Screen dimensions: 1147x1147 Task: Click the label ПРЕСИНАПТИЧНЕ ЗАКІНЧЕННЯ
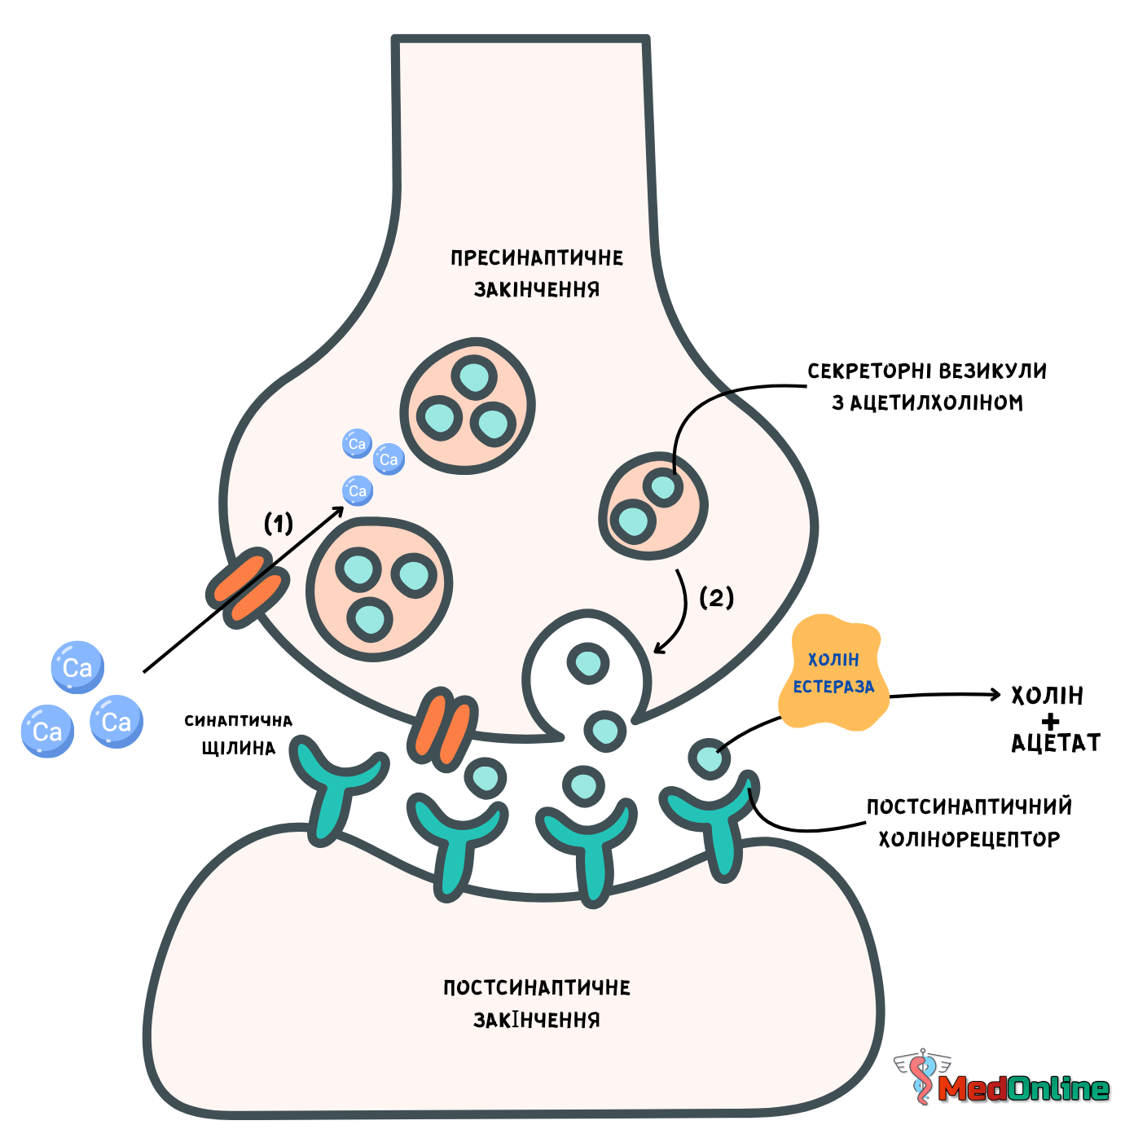point(536,274)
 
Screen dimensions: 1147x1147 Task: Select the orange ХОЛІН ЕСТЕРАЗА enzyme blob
point(833,673)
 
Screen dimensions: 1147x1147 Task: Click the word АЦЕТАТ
point(1055,743)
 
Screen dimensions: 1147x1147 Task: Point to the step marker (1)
point(278,524)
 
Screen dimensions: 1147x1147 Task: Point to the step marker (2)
point(716,598)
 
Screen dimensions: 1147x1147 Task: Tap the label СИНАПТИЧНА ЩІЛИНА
point(238,734)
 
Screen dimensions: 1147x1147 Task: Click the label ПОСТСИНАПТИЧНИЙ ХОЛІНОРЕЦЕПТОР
point(969,824)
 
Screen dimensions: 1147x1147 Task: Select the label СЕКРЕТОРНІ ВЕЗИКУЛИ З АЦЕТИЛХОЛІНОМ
point(927,387)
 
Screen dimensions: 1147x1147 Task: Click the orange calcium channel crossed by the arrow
point(248,587)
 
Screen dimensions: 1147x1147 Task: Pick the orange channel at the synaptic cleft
point(442,729)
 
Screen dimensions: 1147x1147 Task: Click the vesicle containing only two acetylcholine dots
point(653,506)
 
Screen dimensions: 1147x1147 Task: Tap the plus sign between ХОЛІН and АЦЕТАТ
point(1051,722)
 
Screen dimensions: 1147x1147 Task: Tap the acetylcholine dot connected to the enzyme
point(709,759)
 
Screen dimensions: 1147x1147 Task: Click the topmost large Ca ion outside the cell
point(77,667)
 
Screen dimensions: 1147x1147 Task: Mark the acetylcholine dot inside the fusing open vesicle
point(588,663)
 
